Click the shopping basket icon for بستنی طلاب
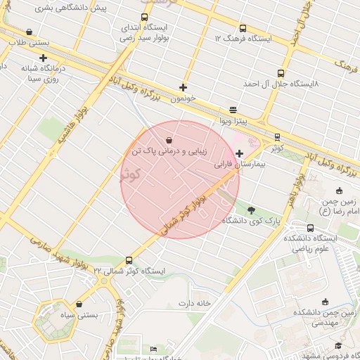pyautogui.click(x=28, y=32)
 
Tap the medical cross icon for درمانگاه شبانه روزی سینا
pyautogui.click(x=44, y=58)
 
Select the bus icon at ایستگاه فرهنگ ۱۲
pyautogui.click(x=243, y=28)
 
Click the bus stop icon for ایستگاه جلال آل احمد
pyautogui.click(x=281, y=73)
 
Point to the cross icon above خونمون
pyautogui.click(x=184, y=88)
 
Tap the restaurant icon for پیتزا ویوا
pyautogui.click(x=233, y=110)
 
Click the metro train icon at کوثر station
pyautogui.click(x=277, y=137)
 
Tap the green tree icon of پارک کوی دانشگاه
pyautogui.click(x=251, y=209)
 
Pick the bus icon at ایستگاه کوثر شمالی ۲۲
pyautogui.click(x=128, y=259)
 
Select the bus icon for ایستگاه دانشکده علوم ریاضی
pyautogui.click(x=311, y=228)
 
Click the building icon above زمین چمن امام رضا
pyautogui.click(x=340, y=190)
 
